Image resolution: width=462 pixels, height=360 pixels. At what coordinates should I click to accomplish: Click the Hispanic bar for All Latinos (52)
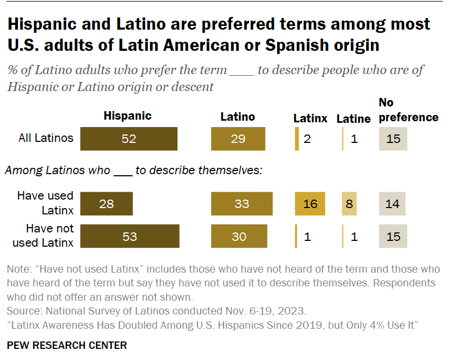[x=129, y=139]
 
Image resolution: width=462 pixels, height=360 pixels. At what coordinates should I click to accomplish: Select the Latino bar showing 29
[x=238, y=139]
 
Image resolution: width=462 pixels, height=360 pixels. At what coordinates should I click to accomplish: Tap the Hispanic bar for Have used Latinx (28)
[x=106, y=204]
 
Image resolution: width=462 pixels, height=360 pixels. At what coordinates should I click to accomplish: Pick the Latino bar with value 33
[x=242, y=204]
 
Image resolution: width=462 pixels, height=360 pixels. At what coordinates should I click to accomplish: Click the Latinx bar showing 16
[x=310, y=204]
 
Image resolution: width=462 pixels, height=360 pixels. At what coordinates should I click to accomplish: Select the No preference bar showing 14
[x=392, y=204]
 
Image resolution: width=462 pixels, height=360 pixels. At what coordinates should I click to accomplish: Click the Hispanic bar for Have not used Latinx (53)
[x=130, y=236]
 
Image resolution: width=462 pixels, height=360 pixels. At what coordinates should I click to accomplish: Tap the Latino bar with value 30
[x=239, y=236]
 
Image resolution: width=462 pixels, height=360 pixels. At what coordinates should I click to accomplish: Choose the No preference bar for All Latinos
[x=393, y=139]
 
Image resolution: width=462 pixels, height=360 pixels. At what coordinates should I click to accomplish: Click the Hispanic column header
[x=128, y=116]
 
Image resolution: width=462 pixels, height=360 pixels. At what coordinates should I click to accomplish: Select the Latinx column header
[x=310, y=119]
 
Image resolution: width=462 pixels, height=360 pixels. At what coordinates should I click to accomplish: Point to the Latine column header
[x=353, y=119]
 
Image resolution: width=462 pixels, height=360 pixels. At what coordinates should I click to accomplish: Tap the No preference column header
[x=408, y=110]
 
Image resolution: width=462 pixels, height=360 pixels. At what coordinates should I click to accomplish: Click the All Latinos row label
[x=46, y=139]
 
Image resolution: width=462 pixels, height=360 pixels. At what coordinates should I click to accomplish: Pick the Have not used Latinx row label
[x=50, y=236]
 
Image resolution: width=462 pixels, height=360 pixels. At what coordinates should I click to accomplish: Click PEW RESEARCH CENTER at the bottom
[x=67, y=345]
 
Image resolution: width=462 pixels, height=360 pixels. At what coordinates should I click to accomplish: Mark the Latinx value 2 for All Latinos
[x=308, y=139]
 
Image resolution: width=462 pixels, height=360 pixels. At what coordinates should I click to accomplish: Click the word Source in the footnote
[x=23, y=310]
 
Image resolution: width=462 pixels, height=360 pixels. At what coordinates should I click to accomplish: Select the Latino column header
[x=238, y=116]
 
